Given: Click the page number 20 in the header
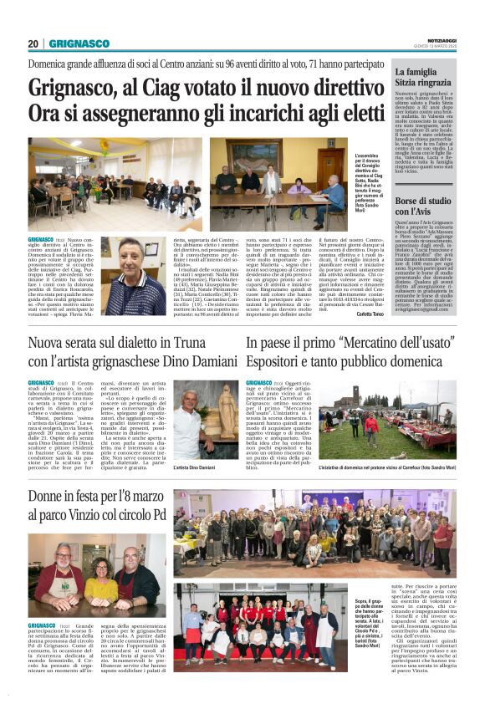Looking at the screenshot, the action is tap(33, 43).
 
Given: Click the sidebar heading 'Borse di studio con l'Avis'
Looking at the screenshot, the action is tap(424, 208).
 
